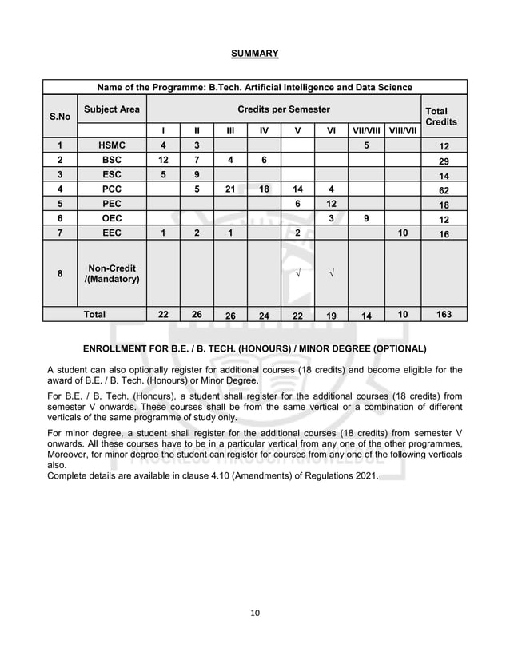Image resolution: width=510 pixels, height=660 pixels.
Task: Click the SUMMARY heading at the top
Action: coord(254,54)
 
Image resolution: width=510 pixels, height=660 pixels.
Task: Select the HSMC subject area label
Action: coord(111,145)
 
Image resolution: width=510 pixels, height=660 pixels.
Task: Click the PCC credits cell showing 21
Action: coord(230,190)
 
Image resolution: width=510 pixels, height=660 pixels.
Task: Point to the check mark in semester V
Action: coord(297,275)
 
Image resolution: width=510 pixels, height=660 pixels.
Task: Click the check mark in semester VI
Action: coord(331,275)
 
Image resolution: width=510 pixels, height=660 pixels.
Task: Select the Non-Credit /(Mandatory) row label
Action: coord(111,274)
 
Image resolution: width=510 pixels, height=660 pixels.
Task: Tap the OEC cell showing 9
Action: coord(366,220)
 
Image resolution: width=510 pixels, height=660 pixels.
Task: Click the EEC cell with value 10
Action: coord(402,233)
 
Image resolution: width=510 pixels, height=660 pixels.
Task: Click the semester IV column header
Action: coord(264,130)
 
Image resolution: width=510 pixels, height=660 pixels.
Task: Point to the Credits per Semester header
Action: coord(283,109)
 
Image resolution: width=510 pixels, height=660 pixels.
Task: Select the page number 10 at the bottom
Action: coord(255,613)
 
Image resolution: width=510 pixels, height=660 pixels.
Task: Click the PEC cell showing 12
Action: coord(331,205)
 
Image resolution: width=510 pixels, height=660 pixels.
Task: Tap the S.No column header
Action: coord(59,116)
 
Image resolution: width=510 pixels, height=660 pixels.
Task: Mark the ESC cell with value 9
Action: coord(197,175)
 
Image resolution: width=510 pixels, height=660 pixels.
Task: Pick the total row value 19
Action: coord(331,316)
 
